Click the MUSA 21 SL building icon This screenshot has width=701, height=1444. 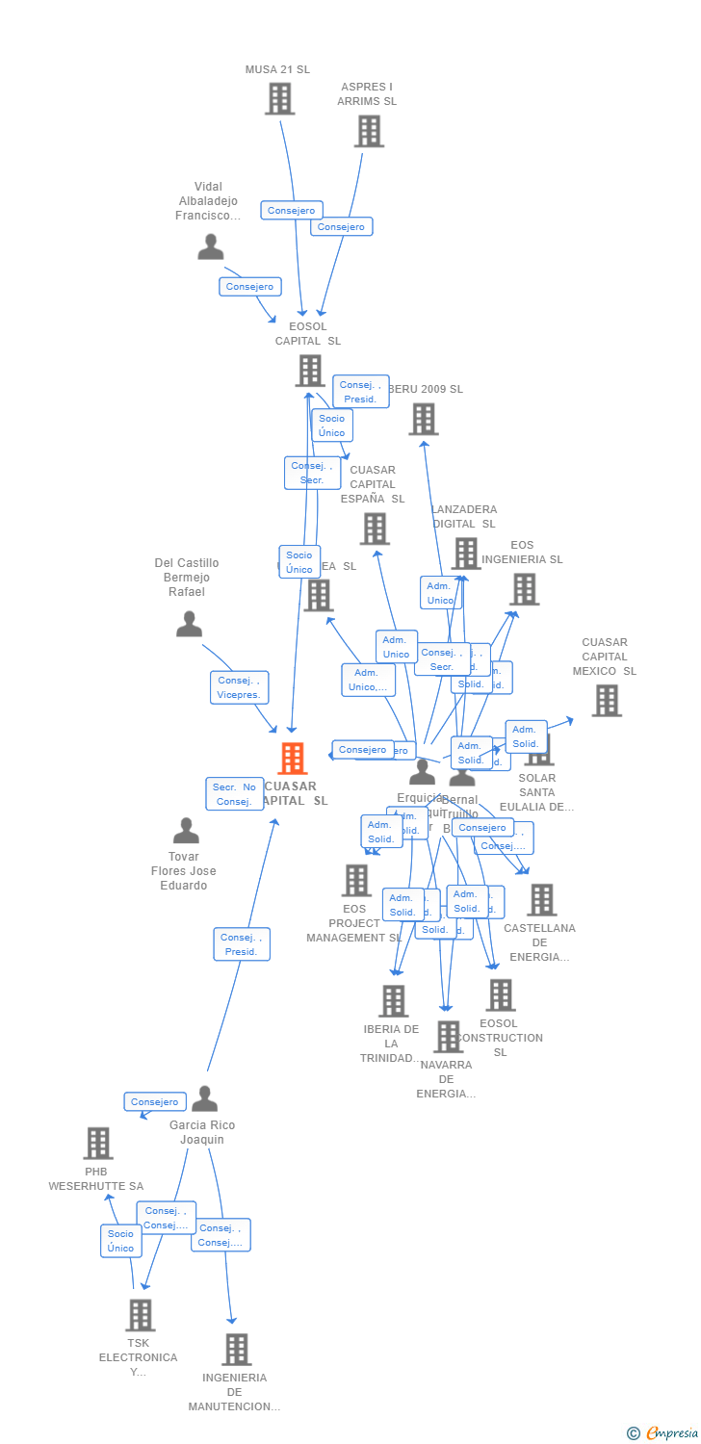coord(278,98)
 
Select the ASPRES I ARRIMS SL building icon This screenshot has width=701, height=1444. coord(369,131)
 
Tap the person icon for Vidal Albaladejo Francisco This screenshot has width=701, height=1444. coord(210,247)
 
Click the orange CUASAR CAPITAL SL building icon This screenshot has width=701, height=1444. coord(292,759)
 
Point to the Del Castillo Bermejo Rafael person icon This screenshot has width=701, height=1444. coord(189,624)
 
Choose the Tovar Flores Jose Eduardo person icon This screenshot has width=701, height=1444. coord(186,830)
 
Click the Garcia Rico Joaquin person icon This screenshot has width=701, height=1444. coord(204,1098)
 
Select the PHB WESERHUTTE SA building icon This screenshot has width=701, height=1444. coord(97,1144)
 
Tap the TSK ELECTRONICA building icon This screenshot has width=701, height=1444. coord(140,1315)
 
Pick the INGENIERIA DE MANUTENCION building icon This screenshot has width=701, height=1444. coord(236,1350)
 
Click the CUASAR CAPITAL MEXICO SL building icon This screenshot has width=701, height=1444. coord(606,701)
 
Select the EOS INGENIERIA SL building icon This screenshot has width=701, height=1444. coord(524,589)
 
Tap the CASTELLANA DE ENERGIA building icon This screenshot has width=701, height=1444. coord(541,900)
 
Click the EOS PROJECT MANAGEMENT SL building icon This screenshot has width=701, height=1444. coord(356,880)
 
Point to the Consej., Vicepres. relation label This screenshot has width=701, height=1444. coord(240,687)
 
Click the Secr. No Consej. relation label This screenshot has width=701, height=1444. coord(234,794)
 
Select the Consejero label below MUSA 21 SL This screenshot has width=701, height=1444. coord(291,210)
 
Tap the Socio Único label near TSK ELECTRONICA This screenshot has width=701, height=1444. coord(121,1241)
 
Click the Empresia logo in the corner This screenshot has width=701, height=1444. coord(664,1433)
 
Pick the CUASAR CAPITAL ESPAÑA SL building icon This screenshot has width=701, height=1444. coord(375,529)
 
